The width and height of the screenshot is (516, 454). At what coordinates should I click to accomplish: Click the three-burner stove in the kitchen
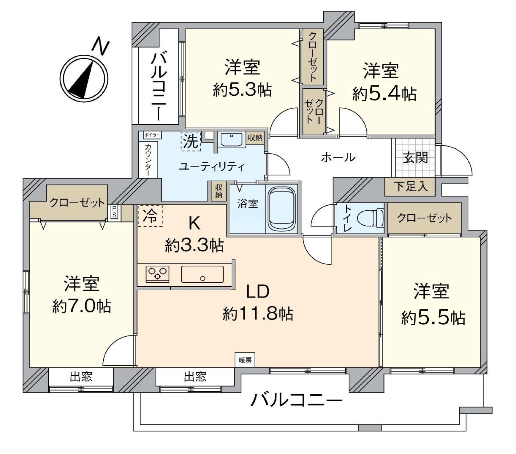pyautogui.click(x=157, y=274)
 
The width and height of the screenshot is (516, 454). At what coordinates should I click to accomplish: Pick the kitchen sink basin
pyautogui.click(x=202, y=274)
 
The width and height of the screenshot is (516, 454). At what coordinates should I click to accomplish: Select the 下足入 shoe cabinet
pyautogui.click(x=410, y=186)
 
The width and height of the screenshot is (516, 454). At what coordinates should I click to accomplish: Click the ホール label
pyautogui.click(x=338, y=157)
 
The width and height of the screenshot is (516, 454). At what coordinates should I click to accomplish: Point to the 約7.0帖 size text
pyautogui.click(x=81, y=307)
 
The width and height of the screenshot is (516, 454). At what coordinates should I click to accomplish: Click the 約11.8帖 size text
pyautogui.click(x=258, y=314)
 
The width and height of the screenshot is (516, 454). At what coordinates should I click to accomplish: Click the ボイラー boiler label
pyautogui.click(x=151, y=135)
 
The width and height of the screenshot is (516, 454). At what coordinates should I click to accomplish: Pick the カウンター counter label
pyautogui.click(x=148, y=160)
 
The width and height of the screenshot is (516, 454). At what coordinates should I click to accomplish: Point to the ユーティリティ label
pyautogui.click(x=212, y=167)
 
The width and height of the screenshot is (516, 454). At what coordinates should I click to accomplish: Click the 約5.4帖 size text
pyautogui.click(x=384, y=94)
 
